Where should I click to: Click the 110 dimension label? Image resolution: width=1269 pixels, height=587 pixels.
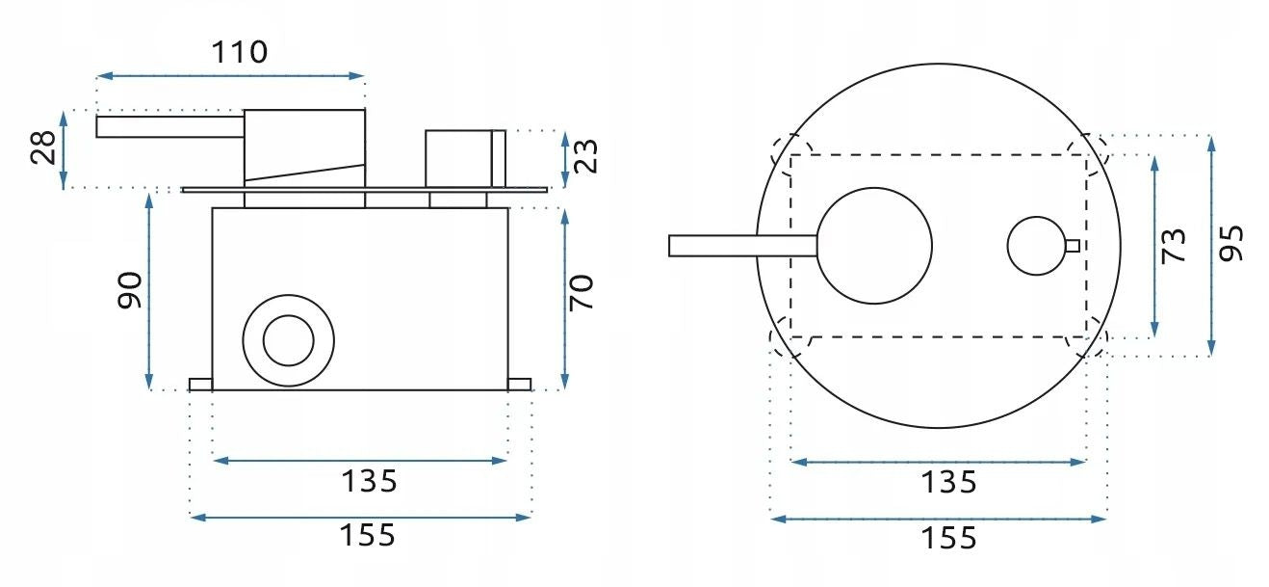(240, 51)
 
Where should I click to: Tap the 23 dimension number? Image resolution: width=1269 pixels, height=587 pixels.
(586, 155)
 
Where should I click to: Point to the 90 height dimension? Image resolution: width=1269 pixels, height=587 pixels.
(130, 290)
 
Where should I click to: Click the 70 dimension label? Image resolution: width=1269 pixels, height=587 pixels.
(583, 292)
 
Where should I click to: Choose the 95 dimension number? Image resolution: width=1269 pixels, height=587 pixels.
(1231, 243)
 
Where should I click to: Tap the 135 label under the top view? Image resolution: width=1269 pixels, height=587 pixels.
(947, 481)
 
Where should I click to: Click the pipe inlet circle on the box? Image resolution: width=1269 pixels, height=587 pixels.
(287, 340)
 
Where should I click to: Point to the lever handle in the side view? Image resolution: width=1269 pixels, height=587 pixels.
(168, 126)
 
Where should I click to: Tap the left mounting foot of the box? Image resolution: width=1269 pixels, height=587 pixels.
(200, 385)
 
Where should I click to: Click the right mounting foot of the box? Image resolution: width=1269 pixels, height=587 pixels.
(519, 385)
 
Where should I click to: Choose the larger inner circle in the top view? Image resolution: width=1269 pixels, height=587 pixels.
(875, 245)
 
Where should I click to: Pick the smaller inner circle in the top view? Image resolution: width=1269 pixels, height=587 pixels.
(1036, 245)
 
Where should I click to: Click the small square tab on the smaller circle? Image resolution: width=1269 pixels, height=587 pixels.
(1072, 245)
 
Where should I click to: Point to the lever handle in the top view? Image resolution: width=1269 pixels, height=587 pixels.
(741, 246)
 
